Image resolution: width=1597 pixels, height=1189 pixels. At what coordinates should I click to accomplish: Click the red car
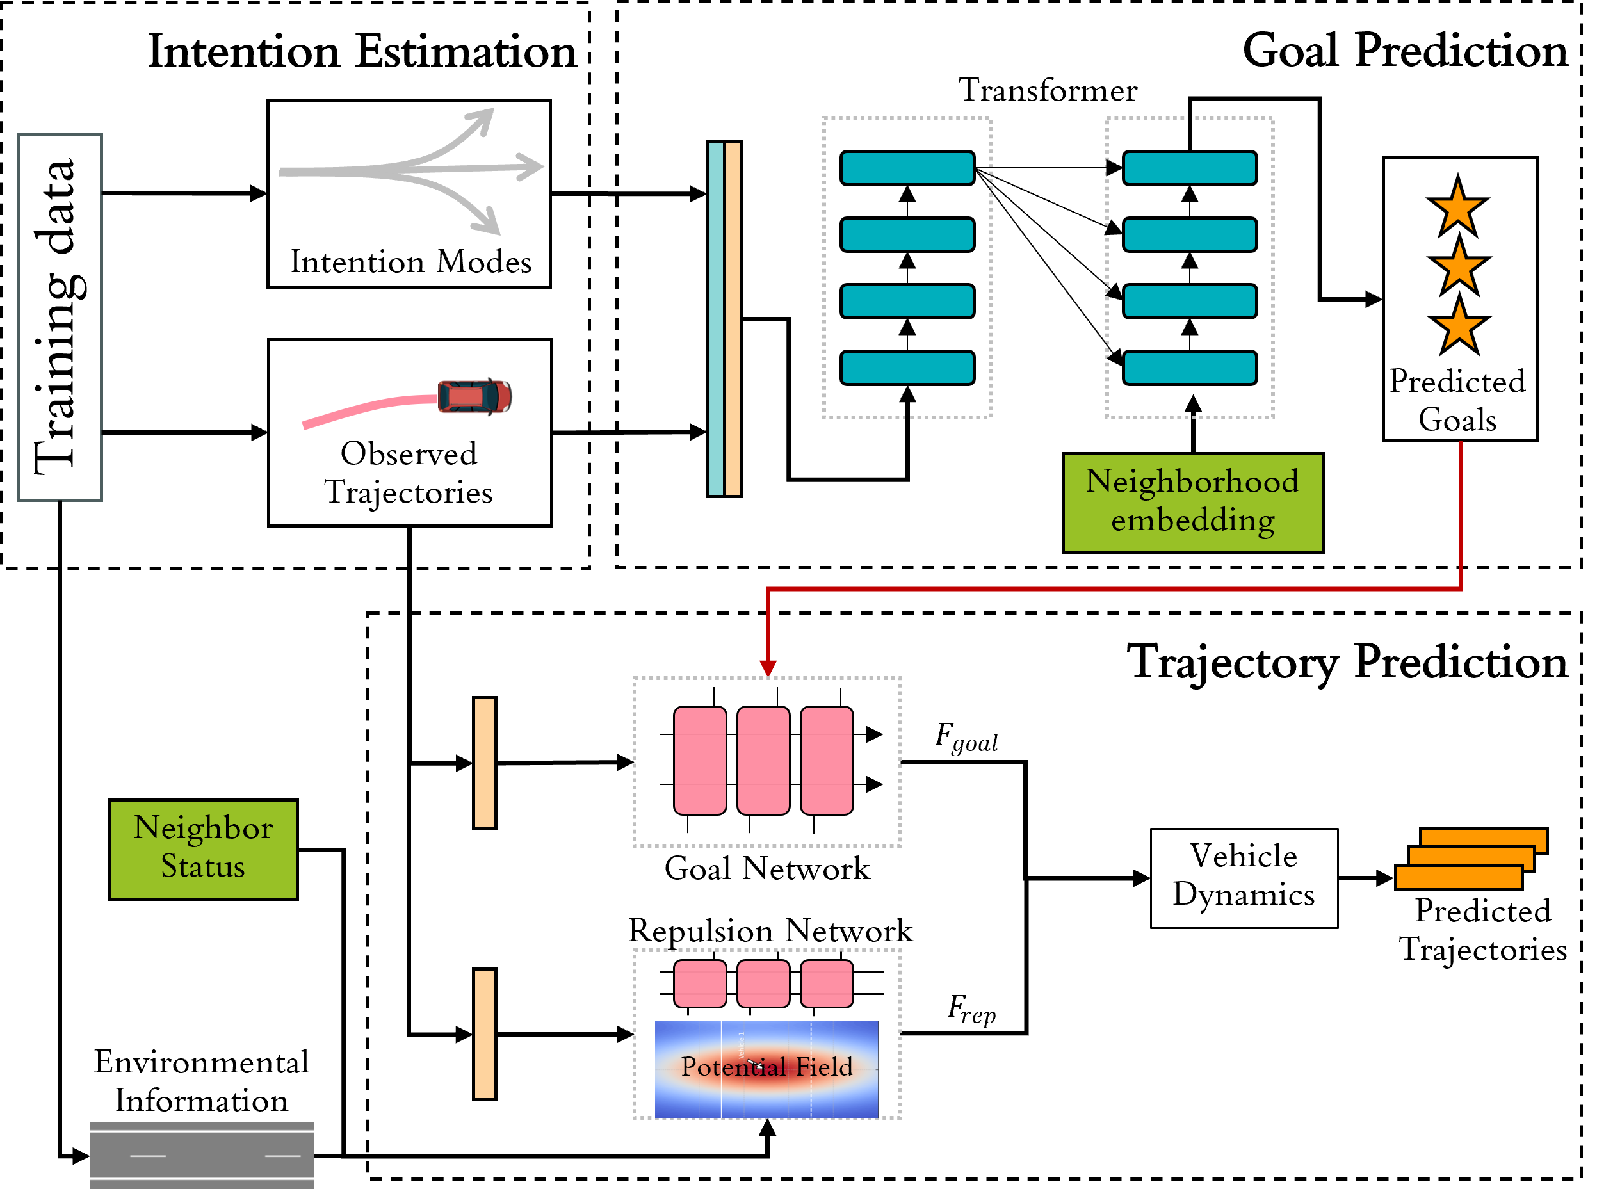(x=474, y=396)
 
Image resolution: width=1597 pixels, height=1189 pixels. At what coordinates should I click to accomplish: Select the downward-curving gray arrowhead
(x=488, y=222)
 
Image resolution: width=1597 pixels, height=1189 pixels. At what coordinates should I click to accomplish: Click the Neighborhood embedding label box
(x=1192, y=503)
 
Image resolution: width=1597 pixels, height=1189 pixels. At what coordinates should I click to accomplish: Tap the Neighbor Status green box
(x=203, y=848)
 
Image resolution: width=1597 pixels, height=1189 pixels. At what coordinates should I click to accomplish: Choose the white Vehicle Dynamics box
(x=1244, y=877)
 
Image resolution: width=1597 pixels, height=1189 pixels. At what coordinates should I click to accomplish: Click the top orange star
(x=1457, y=208)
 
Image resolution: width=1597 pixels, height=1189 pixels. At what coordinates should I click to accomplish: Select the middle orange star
(x=1459, y=267)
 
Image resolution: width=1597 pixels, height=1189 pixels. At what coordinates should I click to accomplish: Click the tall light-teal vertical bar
(x=715, y=318)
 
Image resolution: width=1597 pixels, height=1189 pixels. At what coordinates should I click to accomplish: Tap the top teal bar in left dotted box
(x=907, y=168)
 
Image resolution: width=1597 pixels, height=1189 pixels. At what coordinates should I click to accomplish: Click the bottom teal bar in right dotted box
(x=1189, y=367)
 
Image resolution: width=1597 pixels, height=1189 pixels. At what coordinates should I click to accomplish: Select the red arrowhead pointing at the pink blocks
(x=768, y=667)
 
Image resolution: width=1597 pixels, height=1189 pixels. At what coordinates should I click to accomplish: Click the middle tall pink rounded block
(x=763, y=760)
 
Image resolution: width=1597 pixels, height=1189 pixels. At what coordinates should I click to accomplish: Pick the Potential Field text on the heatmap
(x=766, y=1066)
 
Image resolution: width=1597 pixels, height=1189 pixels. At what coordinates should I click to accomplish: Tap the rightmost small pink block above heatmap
(x=826, y=983)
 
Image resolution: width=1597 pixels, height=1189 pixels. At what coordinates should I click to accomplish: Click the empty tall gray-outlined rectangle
(x=60, y=317)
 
